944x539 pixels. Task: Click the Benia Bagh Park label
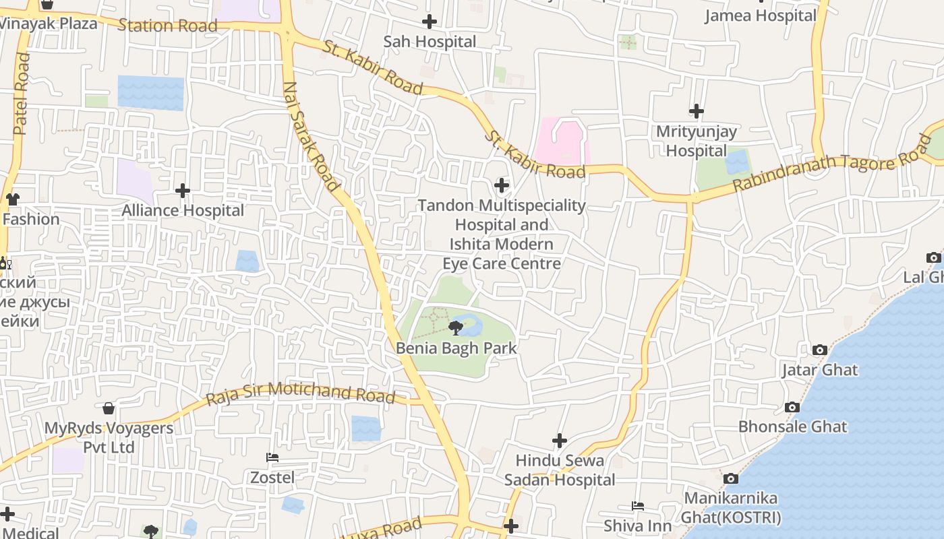coord(456,348)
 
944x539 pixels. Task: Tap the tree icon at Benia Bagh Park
coord(456,329)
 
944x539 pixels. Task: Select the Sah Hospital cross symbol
coord(430,22)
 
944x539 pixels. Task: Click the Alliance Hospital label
coord(183,211)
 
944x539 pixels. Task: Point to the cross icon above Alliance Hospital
coord(183,191)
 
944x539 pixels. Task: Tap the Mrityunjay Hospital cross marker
coord(697,111)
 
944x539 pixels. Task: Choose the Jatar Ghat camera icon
coord(820,350)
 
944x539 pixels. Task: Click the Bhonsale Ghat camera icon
coord(792,407)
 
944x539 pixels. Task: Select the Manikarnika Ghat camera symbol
coord(730,478)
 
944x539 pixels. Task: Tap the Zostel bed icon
coord(272,457)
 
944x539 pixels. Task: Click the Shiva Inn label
coord(638,526)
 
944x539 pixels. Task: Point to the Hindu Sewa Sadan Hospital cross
coord(560,441)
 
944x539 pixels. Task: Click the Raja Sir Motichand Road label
coord(300,393)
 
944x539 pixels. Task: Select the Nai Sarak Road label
coord(309,137)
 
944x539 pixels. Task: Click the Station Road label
coord(167,26)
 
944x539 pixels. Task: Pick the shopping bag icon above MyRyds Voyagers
coord(109,408)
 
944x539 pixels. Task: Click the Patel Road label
coord(22,94)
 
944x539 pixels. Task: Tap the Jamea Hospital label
coord(761,15)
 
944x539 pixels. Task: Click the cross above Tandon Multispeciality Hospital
coord(502,185)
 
